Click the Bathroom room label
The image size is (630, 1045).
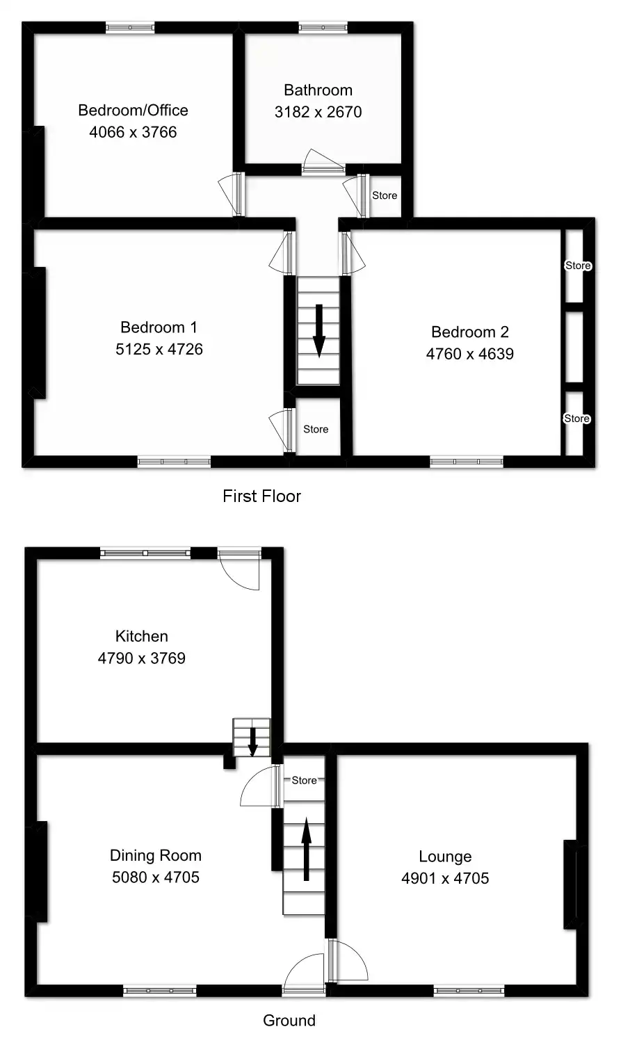pos(318,90)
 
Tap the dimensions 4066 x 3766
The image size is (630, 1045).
pos(133,132)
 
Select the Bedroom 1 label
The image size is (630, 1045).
pos(159,327)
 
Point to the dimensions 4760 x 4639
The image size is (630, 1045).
pos(469,354)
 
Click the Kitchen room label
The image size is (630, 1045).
pos(141,636)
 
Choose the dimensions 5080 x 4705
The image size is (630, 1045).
pos(155,877)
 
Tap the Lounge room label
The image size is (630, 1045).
pos(444,857)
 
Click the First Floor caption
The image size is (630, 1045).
pos(261,496)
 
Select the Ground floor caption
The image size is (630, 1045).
pos(289,1021)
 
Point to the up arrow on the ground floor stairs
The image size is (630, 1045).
pos(304,849)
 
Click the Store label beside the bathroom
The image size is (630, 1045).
pos(385,195)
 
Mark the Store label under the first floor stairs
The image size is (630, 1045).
pos(316,429)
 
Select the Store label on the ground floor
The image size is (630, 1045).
pos(304,780)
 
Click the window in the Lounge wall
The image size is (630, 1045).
pos(469,989)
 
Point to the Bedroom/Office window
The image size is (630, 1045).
pos(130,28)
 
